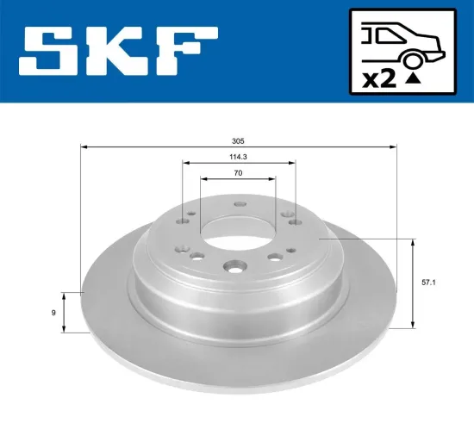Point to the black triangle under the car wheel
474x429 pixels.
414,79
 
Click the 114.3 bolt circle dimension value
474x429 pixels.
238,158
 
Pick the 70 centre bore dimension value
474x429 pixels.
238,174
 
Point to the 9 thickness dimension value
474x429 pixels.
54,312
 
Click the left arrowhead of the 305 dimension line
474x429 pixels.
84,148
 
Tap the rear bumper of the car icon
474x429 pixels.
442,53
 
